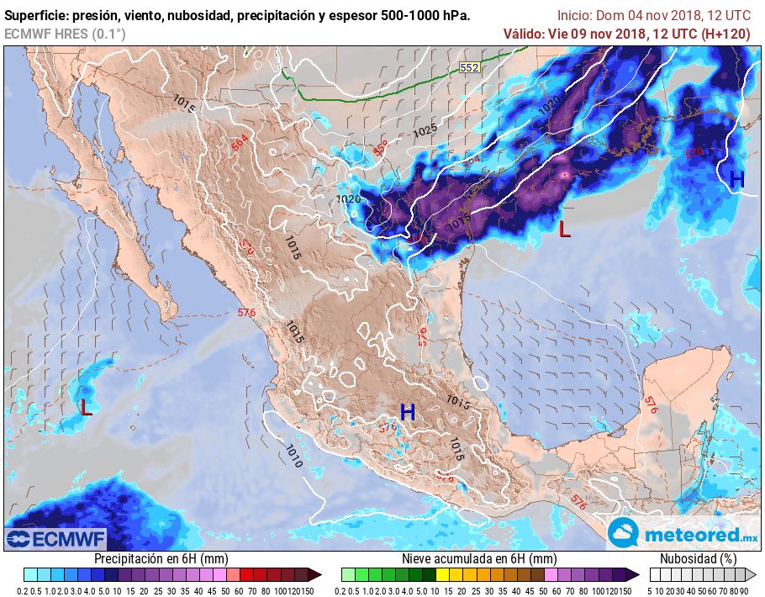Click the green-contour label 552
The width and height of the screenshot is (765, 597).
pos(470,66)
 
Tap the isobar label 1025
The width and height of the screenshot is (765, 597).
pos(425,131)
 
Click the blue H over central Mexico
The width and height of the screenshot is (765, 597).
pos(408,412)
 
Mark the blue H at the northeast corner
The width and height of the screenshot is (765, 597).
pos(736,179)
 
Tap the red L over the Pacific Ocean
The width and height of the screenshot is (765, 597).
pos(86,408)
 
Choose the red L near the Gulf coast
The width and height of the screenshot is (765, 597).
pos(565,228)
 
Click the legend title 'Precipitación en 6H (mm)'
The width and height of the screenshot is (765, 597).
pos(161,558)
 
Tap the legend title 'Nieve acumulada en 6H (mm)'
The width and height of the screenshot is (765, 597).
pos(479,558)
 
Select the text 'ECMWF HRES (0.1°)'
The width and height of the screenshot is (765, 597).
pos(65,34)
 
